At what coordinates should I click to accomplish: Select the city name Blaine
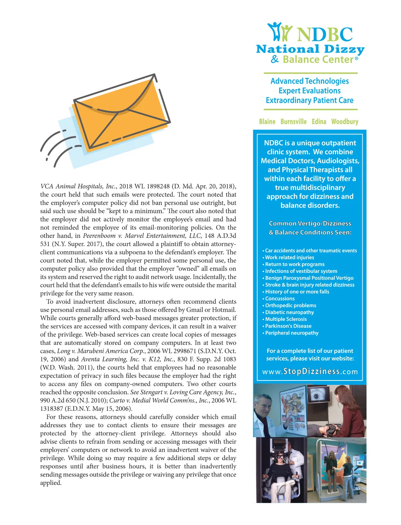pyautogui.click(x=267, y=121)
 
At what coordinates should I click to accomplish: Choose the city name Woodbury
pyautogui.click(x=345, y=121)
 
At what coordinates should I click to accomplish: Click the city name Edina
pyautogui.click(x=319, y=121)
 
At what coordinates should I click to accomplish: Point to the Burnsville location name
pyautogui.click(x=293, y=121)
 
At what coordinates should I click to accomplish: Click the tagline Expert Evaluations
pyautogui.click(x=309, y=91)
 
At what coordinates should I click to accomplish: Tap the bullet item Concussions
pyautogui.click(x=280, y=298)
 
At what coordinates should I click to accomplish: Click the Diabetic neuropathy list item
pyautogui.click(x=289, y=312)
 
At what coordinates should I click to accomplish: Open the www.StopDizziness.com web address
pyautogui.click(x=310, y=371)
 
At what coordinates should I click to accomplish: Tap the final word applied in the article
pyautogui.click(x=51, y=483)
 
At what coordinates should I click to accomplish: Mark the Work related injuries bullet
pyautogui.click(x=289, y=257)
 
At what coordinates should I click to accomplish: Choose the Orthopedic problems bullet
pyautogui.click(x=290, y=305)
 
